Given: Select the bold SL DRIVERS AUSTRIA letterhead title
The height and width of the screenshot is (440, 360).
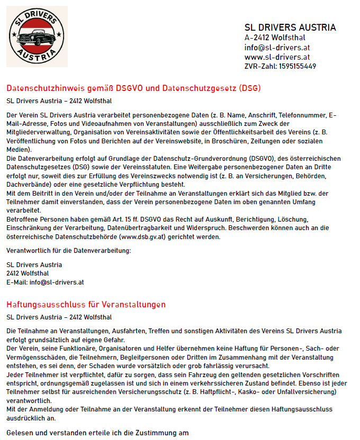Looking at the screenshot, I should (290, 27).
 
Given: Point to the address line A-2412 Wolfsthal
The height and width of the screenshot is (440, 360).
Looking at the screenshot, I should (275, 38).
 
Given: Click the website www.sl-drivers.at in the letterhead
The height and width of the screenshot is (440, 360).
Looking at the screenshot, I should (277, 57).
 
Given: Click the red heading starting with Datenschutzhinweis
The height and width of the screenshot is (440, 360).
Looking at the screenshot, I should (133, 88).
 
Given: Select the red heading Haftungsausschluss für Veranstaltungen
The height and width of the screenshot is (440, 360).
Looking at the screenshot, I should (86, 305).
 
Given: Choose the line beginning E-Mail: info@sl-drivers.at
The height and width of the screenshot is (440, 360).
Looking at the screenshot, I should (45, 282).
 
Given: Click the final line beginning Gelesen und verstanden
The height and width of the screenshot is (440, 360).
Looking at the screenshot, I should (97, 433).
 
